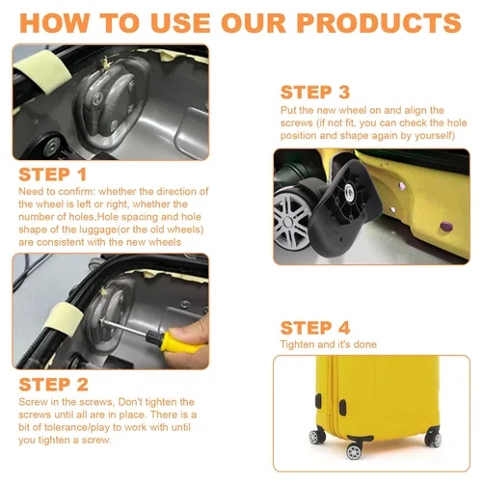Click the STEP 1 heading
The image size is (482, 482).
pyautogui.click(x=53, y=174)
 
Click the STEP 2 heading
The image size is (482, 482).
pyautogui.click(x=54, y=385)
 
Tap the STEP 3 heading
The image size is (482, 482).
pyautogui.click(x=315, y=93)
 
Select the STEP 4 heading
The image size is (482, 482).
pyautogui.click(x=315, y=328)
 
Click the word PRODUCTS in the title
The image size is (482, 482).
pyautogui.click(x=379, y=23)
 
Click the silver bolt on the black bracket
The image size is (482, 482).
pyautogui.click(x=350, y=192)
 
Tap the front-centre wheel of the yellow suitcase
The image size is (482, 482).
pyautogui.click(x=354, y=451)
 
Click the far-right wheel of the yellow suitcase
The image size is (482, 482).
pyautogui.click(x=434, y=440)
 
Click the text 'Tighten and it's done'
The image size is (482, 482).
pyautogui.click(x=329, y=344)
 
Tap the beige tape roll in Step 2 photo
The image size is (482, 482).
pyautogui.click(x=64, y=319)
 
